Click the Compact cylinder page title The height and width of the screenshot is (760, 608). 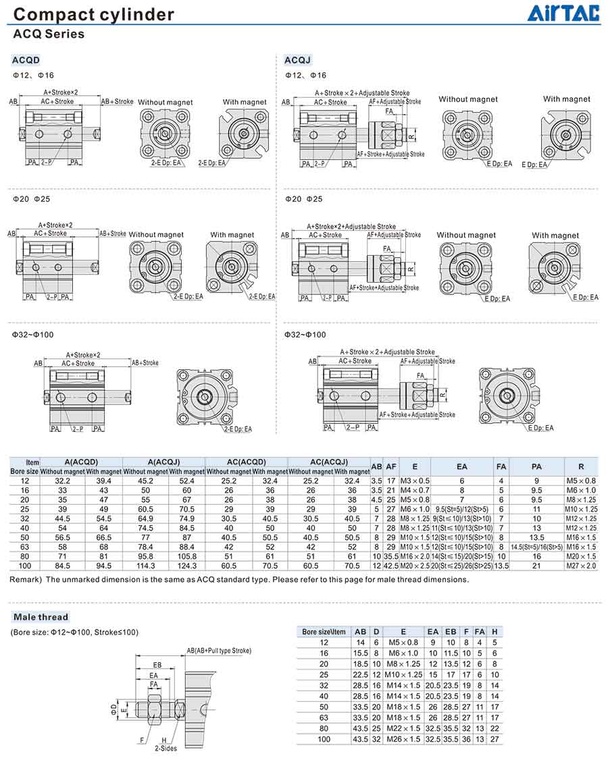point(94,14)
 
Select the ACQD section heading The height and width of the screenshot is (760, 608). point(26,60)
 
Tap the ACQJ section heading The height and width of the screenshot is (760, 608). point(297,60)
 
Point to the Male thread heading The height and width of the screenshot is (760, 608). point(41,617)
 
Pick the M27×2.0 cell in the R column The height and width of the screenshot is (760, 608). point(581,566)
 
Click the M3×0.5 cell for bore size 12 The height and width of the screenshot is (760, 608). point(414,481)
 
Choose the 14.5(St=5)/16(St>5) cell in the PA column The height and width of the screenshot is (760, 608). point(536,547)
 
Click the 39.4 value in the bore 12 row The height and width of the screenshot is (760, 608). point(103,481)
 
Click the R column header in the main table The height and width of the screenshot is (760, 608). point(581,466)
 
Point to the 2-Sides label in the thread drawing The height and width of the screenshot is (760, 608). point(165,748)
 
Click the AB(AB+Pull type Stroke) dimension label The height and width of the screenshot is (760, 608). point(219,651)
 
